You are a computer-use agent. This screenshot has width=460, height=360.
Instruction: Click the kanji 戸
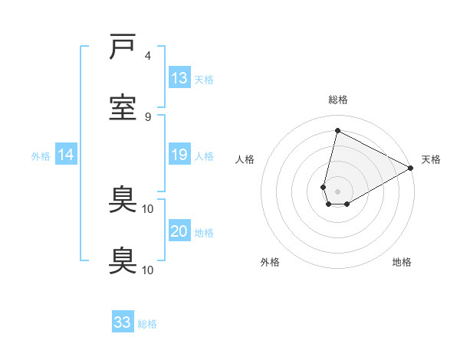pyautogui.click(x=123, y=47)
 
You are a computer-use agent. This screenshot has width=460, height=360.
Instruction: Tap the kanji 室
pyautogui.click(x=123, y=107)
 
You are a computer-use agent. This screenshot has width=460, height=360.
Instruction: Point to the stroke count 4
pyautogui.click(x=148, y=56)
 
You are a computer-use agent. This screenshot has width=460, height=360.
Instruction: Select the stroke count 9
pyautogui.click(x=148, y=116)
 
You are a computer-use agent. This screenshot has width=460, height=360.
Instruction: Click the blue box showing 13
pyautogui.click(x=179, y=77)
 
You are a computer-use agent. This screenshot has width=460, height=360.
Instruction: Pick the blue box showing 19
pyautogui.click(x=179, y=155)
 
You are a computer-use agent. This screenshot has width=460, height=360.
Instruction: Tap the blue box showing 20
pyautogui.click(x=179, y=231)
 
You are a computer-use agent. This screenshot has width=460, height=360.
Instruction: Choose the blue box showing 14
pyautogui.click(x=66, y=155)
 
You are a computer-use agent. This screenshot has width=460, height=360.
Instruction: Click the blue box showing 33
pyautogui.click(x=123, y=322)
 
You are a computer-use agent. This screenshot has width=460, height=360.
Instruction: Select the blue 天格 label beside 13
pyautogui.click(x=204, y=79)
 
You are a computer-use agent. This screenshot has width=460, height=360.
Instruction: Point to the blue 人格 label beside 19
pyautogui.click(x=204, y=156)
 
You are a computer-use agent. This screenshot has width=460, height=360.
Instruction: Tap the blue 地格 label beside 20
pyautogui.click(x=204, y=233)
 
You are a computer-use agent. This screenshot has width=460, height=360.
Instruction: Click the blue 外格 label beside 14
pyautogui.click(x=41, y=156)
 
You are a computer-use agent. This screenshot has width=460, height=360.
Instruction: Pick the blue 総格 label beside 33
pyautogui.click(x=147, y=324)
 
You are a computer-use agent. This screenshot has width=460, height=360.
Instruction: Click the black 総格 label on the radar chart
pyautogui.click(x=338, y=100)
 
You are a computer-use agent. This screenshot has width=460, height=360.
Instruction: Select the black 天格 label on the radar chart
pyautogui.click(x=431, y=159)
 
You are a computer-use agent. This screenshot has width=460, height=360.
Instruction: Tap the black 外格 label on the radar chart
pyautogui.click(x=270, y=262)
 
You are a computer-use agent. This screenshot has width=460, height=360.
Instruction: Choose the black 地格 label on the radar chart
pyautogui.click(x=402, y=262)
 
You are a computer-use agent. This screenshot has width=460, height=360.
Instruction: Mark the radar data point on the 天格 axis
pyautogui.click(x=411, y=169)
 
